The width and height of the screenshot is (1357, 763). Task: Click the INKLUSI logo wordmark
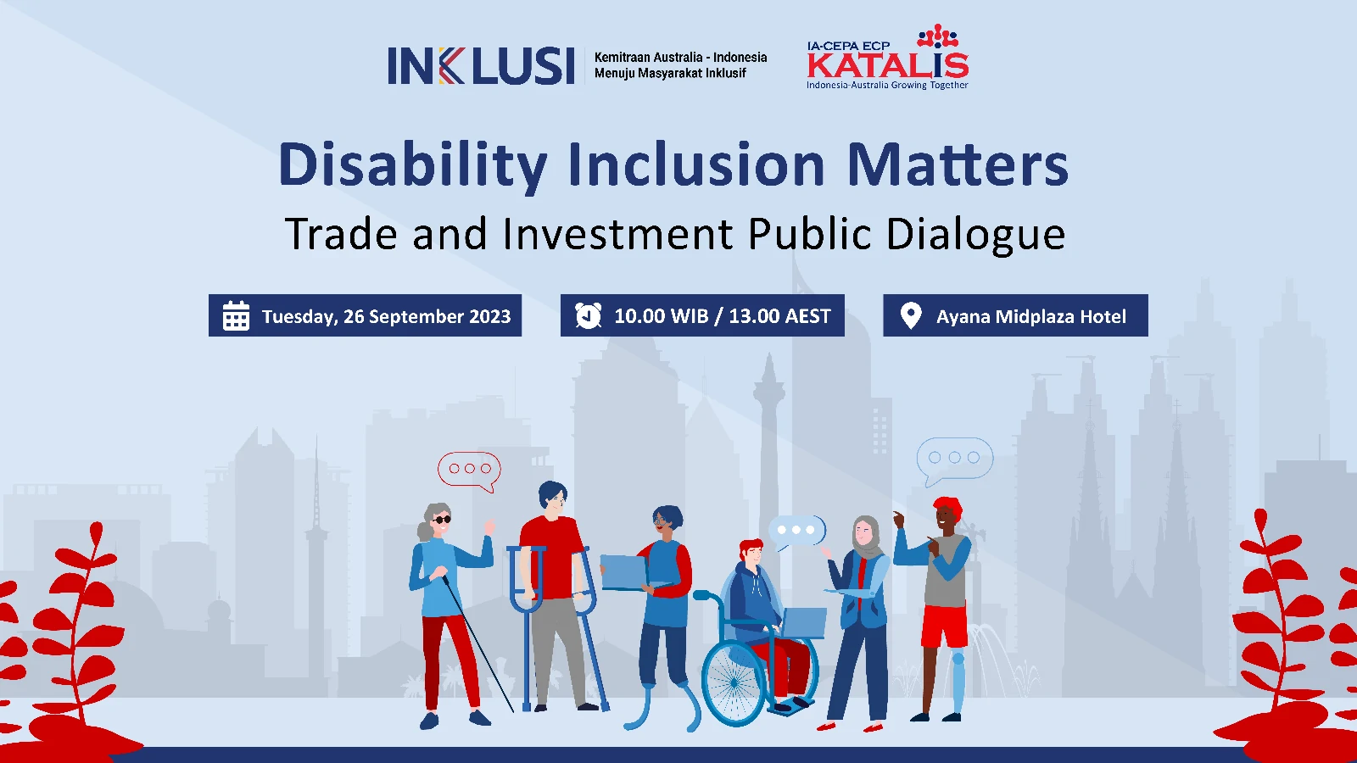click(481, 65)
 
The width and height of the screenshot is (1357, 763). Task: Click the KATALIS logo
click(887, 58)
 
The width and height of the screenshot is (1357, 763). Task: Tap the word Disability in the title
click(412, 165)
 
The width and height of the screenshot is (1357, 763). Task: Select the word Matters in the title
click(958, 164)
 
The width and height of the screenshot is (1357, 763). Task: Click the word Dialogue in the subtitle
click(975, 235)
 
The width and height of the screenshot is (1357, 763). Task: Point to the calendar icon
click(236, 315)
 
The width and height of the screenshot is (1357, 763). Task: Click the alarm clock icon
click(589, 315)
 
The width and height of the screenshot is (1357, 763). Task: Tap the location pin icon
click(911, 315)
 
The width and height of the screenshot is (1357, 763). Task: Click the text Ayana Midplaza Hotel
click(1031, 316)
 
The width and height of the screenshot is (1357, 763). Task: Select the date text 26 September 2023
click(427, 316)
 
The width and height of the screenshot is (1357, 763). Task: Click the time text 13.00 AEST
click(779, 316)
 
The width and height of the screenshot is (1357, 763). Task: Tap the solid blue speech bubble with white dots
click(796, 532)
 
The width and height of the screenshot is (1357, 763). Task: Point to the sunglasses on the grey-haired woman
click(442, 520)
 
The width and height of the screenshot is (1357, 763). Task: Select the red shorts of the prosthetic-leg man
click(945, 627)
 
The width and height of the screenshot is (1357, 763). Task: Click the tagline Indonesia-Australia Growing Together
click(887, 86)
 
